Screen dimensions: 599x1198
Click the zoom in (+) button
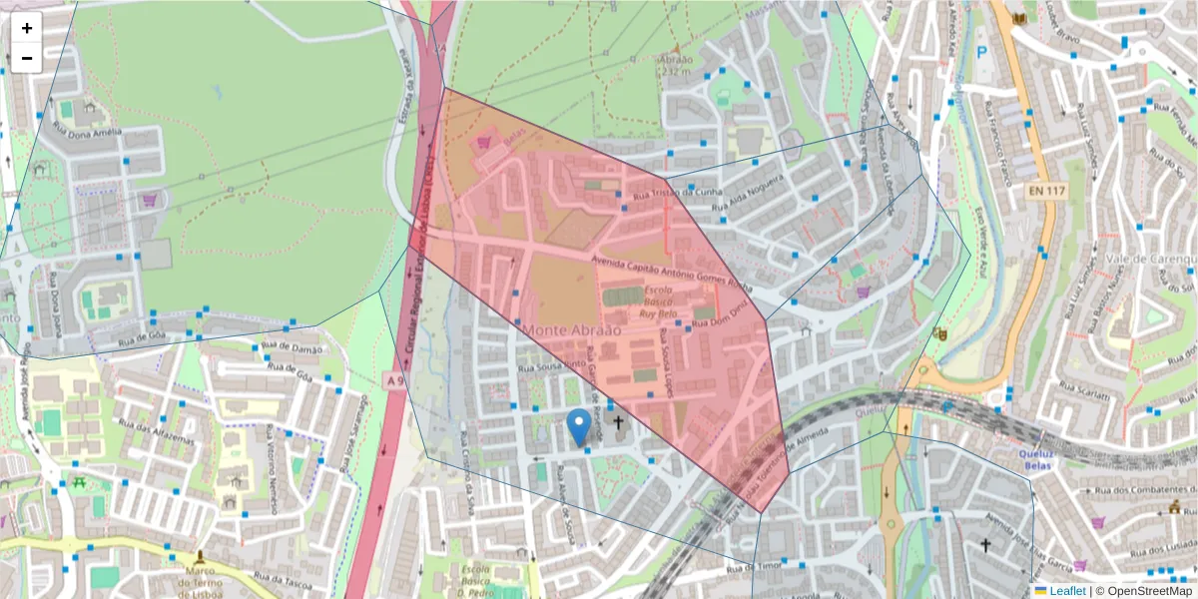pyautogui.click(x=27, y=28)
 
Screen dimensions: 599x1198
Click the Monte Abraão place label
pyautogui.click(x=571, y=329)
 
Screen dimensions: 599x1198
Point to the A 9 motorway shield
pyautogui.click(x=395, y=380)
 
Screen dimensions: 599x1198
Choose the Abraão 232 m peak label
pyautogui.click(x=675, y=64)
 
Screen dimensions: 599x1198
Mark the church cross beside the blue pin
pyautogui.click(x=618, y=423)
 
